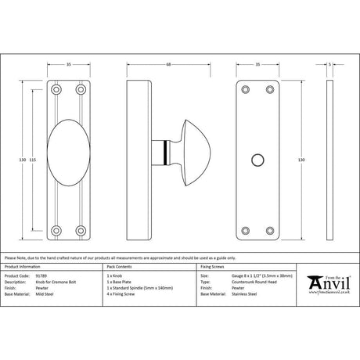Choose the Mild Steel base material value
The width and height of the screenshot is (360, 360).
[x=46, y=294]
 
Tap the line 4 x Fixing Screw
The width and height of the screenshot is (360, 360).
[x=121, y=294]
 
